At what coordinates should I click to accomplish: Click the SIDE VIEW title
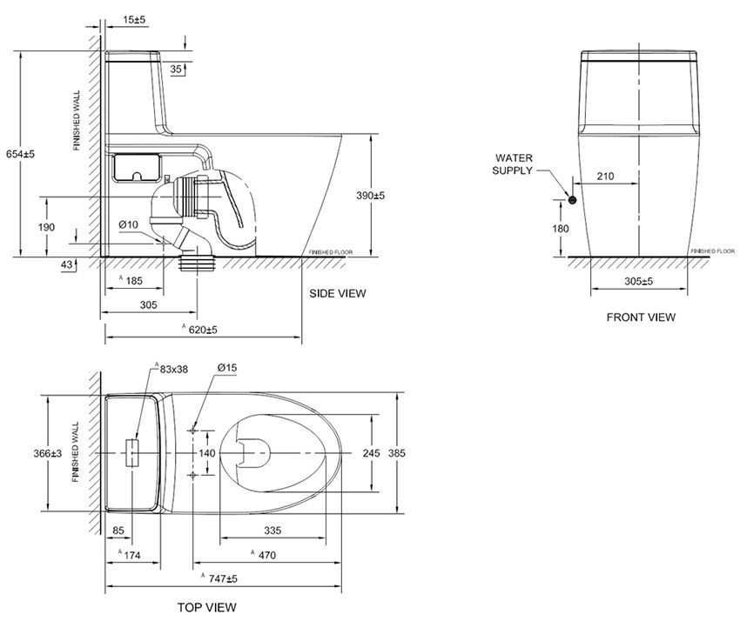point(338,293)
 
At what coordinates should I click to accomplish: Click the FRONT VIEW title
point(641,317)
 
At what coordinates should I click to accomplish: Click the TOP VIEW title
point(207,607)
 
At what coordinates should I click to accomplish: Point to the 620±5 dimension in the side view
point(203,330)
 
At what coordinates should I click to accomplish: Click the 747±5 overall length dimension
point(223,578)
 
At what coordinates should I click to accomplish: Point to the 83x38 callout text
point(173,369)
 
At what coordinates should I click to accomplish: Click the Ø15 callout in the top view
point(226,369)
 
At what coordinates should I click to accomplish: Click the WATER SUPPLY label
point(515,164)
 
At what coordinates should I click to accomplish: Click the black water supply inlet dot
point(572,201)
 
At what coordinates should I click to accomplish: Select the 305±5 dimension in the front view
point(639,282)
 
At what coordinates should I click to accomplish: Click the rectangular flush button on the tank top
point(132,454)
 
